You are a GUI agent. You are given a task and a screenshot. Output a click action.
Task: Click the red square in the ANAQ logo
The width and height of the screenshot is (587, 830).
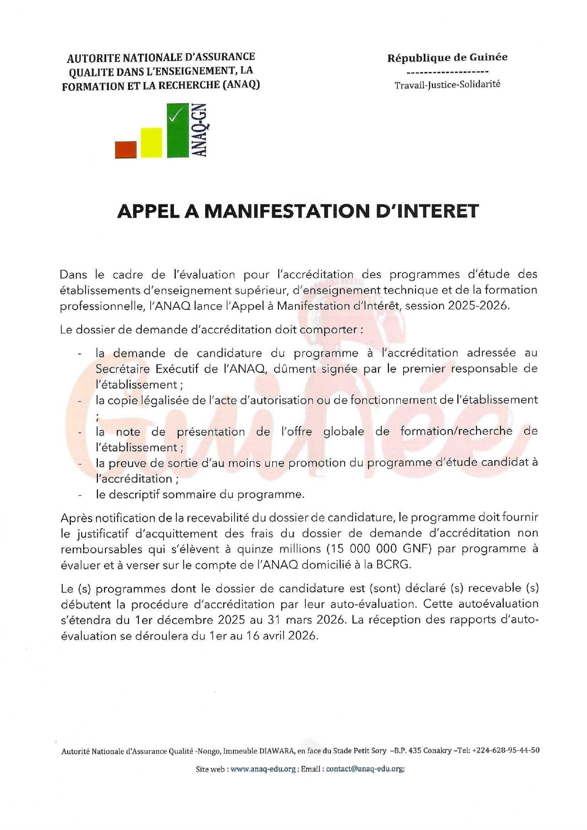point(126,149)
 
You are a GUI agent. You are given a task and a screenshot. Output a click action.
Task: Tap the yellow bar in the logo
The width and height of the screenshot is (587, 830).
point(152,142)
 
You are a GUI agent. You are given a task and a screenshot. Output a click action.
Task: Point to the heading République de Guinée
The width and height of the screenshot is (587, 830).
point(447,58)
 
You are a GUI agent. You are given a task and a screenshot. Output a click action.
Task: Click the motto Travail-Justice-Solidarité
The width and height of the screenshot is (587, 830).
point(447,85)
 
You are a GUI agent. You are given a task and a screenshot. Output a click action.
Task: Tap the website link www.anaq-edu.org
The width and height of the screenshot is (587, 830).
point(263,769)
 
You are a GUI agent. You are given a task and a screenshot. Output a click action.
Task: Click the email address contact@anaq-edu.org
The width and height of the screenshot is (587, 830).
point(365,769)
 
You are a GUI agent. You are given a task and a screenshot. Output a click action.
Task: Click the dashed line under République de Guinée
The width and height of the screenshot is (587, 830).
point(447,72)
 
